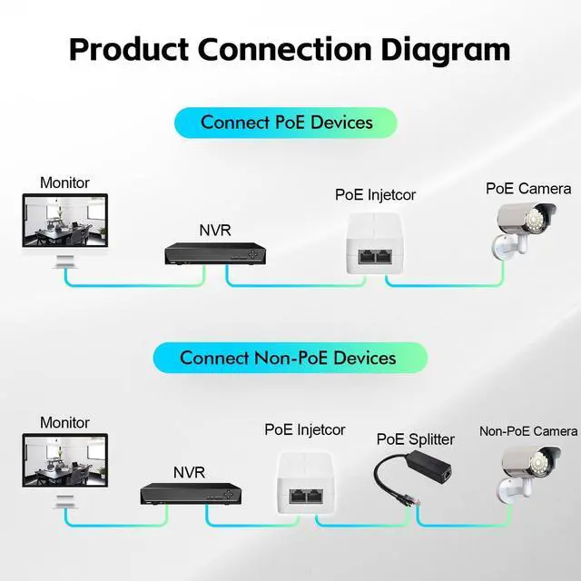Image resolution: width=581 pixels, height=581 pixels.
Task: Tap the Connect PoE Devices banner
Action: pyautogui.click(x=287, y=122)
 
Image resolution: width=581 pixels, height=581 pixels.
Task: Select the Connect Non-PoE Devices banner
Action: pyautogui.click(x=288, y=357)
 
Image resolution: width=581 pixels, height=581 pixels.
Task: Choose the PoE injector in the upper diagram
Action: pyautogui.click(x=372, y=244)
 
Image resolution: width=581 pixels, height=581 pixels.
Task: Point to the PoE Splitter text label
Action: pyautogui.click(x=416, y=439)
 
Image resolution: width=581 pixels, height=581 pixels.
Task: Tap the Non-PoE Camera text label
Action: pyautogui.click(x=528, y=431)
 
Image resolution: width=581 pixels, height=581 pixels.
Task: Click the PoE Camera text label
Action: pyautogui.click(x=528, y=189)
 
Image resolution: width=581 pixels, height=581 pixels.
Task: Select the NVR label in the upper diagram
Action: pyautogui.click(x=215, y=230)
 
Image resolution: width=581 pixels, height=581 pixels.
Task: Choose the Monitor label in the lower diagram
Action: pyautogui.click(x=64, y=423)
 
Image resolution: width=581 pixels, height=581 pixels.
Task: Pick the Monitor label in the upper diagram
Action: pyautogui.click(x=64, y=182)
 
